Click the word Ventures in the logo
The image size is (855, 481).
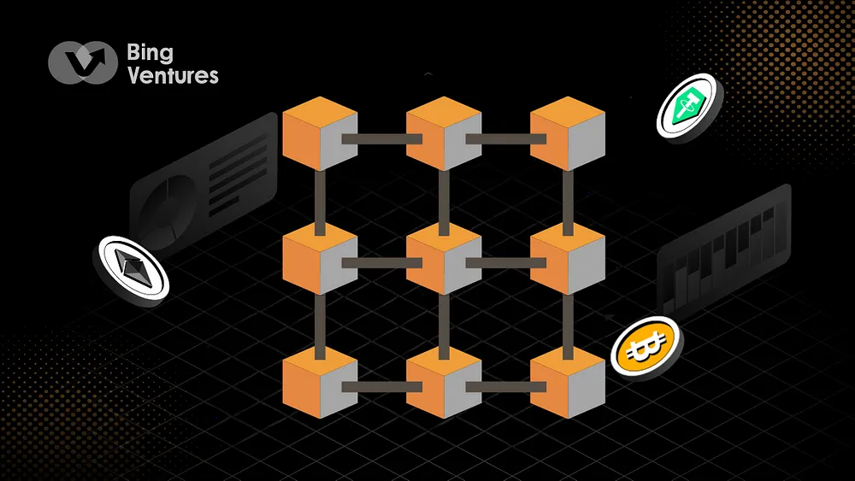(x=172, y=74)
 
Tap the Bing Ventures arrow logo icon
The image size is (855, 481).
(x=82, y=63)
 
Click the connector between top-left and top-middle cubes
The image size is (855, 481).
(x=381, y=138)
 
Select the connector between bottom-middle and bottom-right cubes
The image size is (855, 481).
(x=505, y=388)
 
